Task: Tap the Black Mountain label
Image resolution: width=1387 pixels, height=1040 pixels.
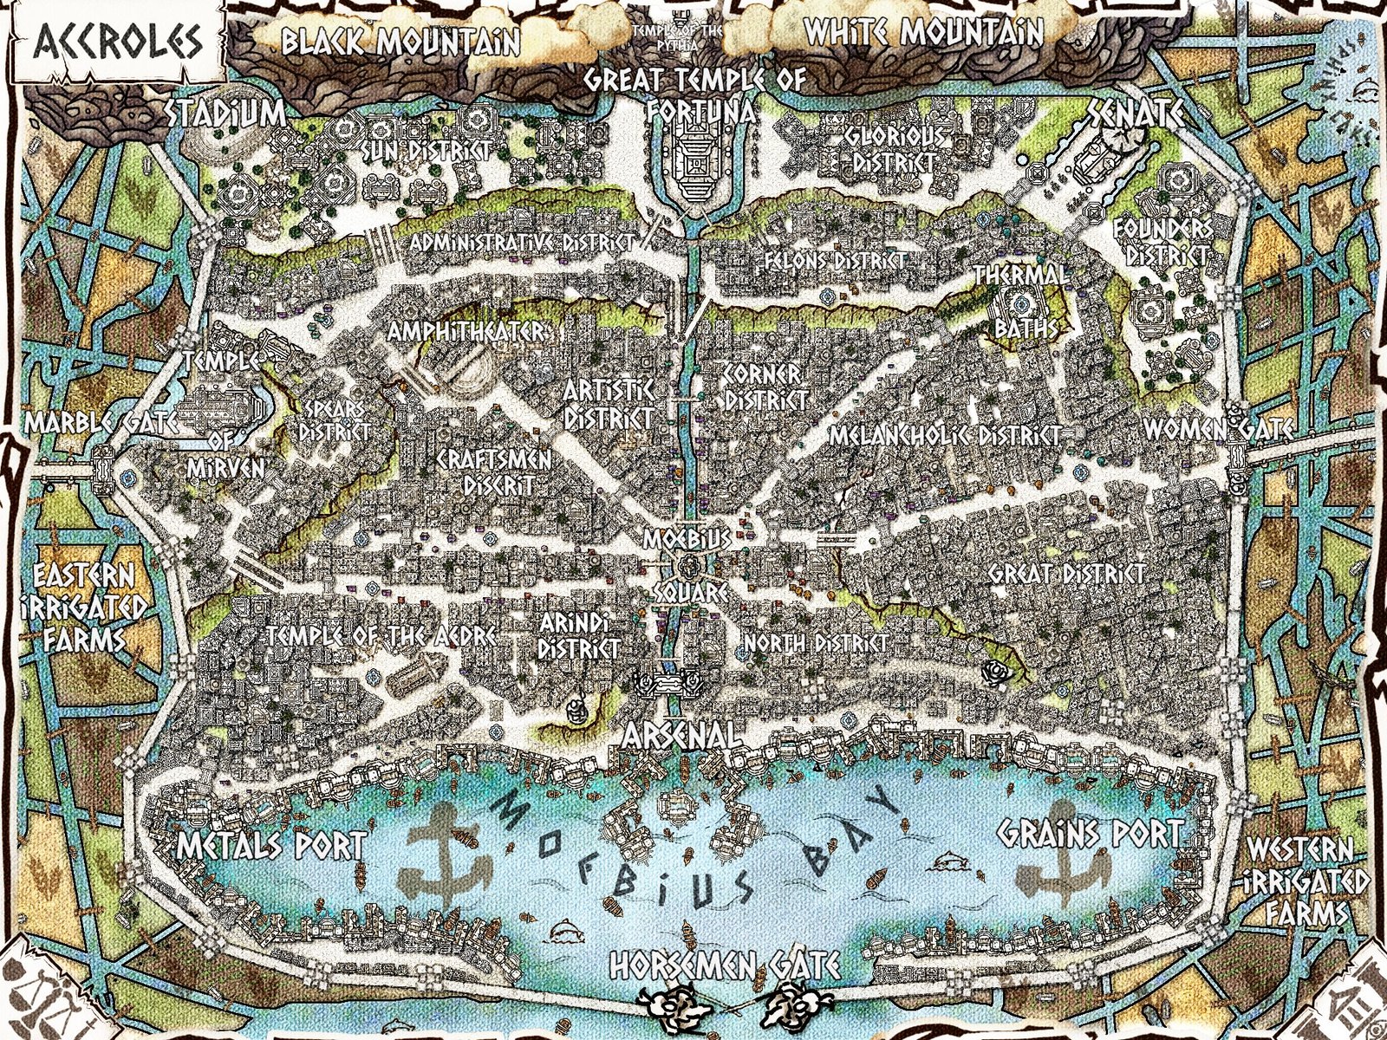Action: point(400,40)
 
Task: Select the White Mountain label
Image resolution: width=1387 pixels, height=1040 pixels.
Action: point(924,32)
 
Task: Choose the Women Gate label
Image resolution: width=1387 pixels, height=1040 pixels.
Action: point(1217,428)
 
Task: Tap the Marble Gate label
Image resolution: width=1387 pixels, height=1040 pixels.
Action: point(101,424)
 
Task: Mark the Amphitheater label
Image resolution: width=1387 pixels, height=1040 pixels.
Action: point(467,332)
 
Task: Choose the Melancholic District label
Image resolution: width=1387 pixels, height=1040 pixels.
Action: point(946,435)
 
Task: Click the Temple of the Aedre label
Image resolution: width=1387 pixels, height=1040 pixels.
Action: point(382,635)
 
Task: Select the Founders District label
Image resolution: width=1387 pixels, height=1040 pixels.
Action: point(1162,240)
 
